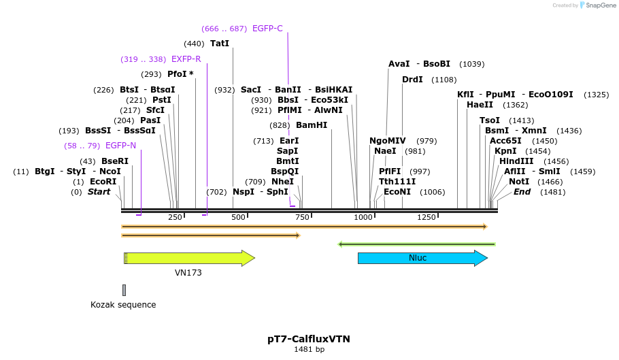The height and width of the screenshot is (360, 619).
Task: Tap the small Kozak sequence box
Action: pos(124,290)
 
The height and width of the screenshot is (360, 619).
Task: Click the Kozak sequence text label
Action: pos(123,305)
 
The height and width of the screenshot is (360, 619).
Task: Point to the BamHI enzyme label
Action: pos(312,125)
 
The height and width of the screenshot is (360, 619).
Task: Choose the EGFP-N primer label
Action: pos(120,146)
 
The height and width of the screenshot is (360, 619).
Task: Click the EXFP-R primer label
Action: pos(186,59)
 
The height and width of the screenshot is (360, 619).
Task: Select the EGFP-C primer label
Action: pos(267,29)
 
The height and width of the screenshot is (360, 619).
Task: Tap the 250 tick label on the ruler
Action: pos(175,217)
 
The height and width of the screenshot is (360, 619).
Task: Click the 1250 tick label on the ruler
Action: pos(426,217)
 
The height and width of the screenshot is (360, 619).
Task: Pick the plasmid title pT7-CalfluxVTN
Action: pos(309,338)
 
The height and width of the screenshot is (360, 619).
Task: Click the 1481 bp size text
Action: pos(309,349)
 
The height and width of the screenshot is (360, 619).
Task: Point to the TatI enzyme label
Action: pos(220,44)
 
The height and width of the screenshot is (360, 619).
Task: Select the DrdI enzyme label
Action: pos(412,80)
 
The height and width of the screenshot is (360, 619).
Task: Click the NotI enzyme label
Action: pos(519,182)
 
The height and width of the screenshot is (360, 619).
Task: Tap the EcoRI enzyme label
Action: pos(103,182)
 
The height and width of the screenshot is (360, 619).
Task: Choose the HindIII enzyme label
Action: pos(515,161)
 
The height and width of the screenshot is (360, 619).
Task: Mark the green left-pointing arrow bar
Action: pos(416,244)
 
